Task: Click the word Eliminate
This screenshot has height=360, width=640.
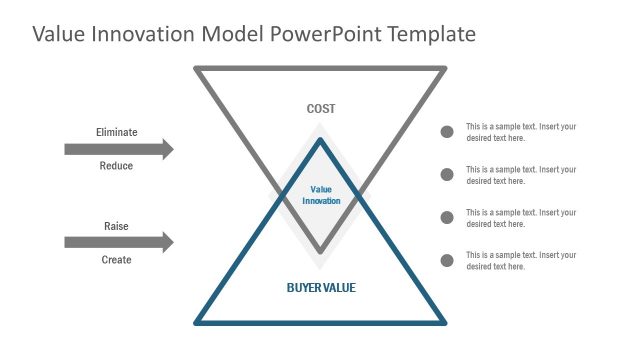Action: (116, 132)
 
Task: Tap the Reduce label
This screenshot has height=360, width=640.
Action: (116, 166)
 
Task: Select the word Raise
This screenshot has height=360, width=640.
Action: (116, 226)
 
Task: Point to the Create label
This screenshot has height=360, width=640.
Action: (116, 260)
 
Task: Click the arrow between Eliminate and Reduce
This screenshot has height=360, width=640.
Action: (118, 150)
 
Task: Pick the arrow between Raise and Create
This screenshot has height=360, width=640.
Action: (118, 242)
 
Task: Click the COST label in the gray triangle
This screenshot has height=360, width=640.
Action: (321, 109)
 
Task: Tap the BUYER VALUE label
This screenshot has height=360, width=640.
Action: (321, 288)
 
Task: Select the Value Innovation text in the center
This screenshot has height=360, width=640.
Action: (321, 195)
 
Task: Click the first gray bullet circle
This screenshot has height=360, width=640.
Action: (447, 132)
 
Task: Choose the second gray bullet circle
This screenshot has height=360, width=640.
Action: (447, 175)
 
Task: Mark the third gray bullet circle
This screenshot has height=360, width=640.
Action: (447, 218)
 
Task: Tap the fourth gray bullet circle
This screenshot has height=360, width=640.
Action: (447, 261)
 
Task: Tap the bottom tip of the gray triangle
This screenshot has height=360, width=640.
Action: (321, 251)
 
